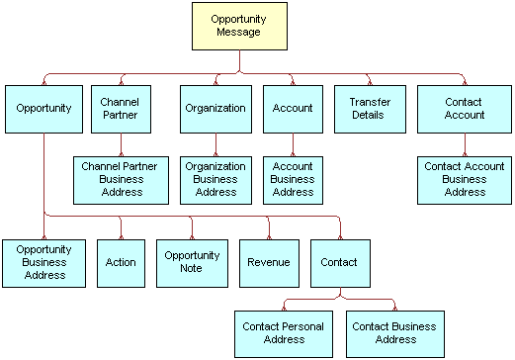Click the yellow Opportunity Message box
coord(239,26)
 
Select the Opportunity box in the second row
coord(43,109)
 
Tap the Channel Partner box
coord(121,109)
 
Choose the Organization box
coord(215,109)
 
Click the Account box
coord(293,109)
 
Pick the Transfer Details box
coord(370,109)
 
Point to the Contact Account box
coord(465,109)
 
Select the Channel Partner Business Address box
coord(121,179)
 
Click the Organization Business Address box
coord(215,179)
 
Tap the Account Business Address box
coord(293,179)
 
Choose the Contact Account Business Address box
coord(465,179)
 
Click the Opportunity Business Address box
coord(43,262)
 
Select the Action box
coord(121,262)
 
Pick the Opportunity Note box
coord(192,262)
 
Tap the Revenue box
coord(269,262)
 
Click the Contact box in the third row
coord(340,262)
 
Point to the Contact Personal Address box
coord(282,333)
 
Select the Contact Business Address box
coord(394,333)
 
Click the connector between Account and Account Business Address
coord(293,142)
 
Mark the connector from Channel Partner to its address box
coord(121,142)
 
